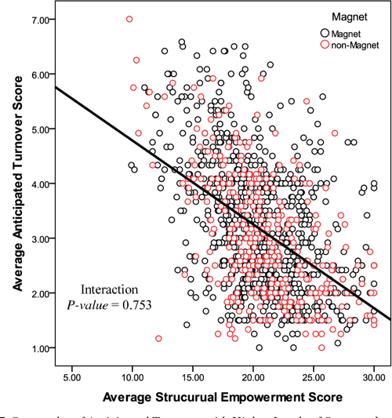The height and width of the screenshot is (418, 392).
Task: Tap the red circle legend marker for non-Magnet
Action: point(325,45)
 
